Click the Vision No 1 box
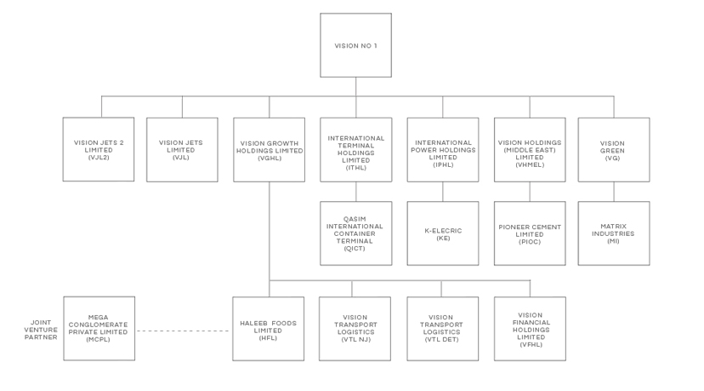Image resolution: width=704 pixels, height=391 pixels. click(x=355, y=45)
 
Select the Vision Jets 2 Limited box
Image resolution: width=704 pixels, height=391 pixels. click(x=99, y=149)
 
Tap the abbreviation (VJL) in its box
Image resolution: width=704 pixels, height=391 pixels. click(x=181, y=158)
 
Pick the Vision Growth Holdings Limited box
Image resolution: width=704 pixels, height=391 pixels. click(x=269, y=150)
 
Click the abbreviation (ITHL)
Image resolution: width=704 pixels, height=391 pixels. click(x=356, y=168)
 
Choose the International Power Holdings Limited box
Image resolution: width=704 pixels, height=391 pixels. click(x=443, y=150)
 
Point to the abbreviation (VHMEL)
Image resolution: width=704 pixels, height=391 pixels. click(x=530, y=164)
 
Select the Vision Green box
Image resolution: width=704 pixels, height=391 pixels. click(x=614, y=150)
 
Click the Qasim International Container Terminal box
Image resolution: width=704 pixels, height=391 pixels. click(x=356, y=233)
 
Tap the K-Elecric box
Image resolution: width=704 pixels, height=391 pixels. click(x=443, y=233)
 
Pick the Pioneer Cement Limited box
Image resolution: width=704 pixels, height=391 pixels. click(x=530, y=233)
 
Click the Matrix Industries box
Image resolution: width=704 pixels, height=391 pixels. click(x=614, y=233)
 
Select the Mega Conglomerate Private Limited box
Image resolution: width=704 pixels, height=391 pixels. click(x=99, y=329)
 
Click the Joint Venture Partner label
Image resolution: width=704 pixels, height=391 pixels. click(x=41, y=330)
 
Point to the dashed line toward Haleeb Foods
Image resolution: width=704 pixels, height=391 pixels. click(x=183, y=331)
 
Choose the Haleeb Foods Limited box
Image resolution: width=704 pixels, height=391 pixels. click(x=268, y=329)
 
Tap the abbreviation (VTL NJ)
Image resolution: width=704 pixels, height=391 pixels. click(x=356, y=339)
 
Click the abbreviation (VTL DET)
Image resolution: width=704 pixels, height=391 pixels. click(x=442, y=339)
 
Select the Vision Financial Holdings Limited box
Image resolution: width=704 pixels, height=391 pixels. click(x=530, y=329)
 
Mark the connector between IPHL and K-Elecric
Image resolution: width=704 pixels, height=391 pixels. click(x=443, y=192)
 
